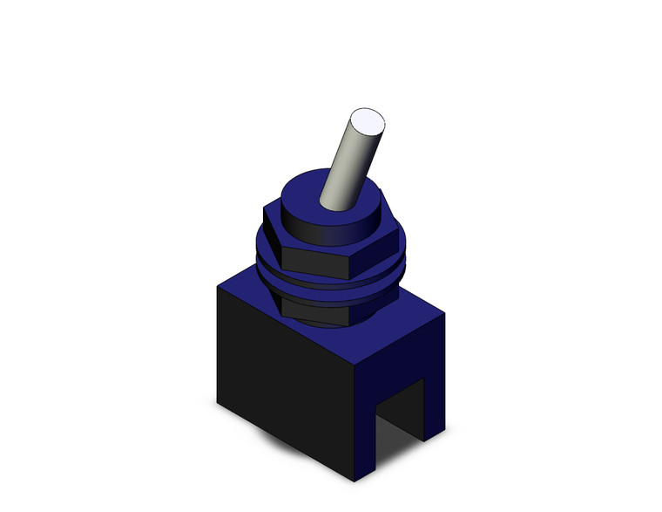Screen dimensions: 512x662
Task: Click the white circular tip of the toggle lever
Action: [x=367, y=123]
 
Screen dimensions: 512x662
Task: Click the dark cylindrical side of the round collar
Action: [x=322, y=230]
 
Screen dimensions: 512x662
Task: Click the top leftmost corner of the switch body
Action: [x=217, y=288]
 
